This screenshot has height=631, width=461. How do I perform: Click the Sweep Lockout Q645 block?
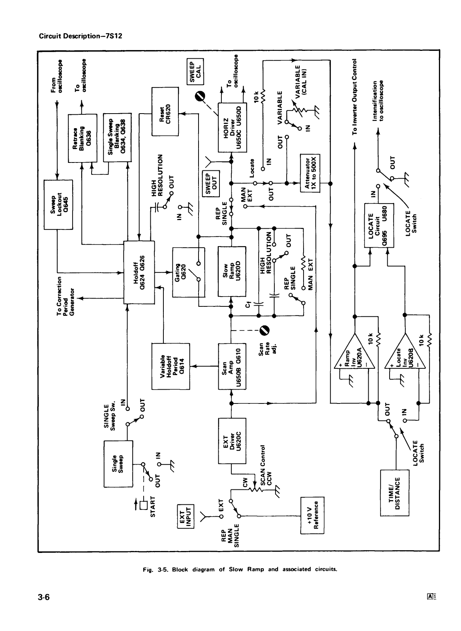tap(58, 205)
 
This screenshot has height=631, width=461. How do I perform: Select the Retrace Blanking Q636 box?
tap(82, 138)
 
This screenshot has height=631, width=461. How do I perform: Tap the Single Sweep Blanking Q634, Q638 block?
tap(117, 138)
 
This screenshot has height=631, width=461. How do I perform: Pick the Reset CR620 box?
tap(165, 111)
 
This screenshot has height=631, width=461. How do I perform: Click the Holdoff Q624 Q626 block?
tap(139, 273)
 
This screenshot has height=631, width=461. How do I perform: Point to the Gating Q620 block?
tap(189, 272)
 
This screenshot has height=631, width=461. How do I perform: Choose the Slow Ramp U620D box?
tap(232, 271)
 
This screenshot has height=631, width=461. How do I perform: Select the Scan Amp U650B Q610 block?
tap(232, 366)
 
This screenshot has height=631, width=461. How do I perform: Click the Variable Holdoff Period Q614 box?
tap(171, 366)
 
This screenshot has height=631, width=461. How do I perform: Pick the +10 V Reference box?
tap(313, 515)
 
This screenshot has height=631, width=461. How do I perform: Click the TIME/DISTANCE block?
tap(394, 493)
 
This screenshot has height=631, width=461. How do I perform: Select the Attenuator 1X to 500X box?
tap(310, 173)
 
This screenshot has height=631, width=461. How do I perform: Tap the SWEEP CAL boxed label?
tap(195, 71)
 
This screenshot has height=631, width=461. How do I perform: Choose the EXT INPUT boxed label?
tap(186, 517)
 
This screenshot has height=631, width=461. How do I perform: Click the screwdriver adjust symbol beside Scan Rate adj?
tap(264, 330)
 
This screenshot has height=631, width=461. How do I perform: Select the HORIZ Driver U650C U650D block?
tap(232, 127)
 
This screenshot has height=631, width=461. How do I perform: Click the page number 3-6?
tap(44, 597)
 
